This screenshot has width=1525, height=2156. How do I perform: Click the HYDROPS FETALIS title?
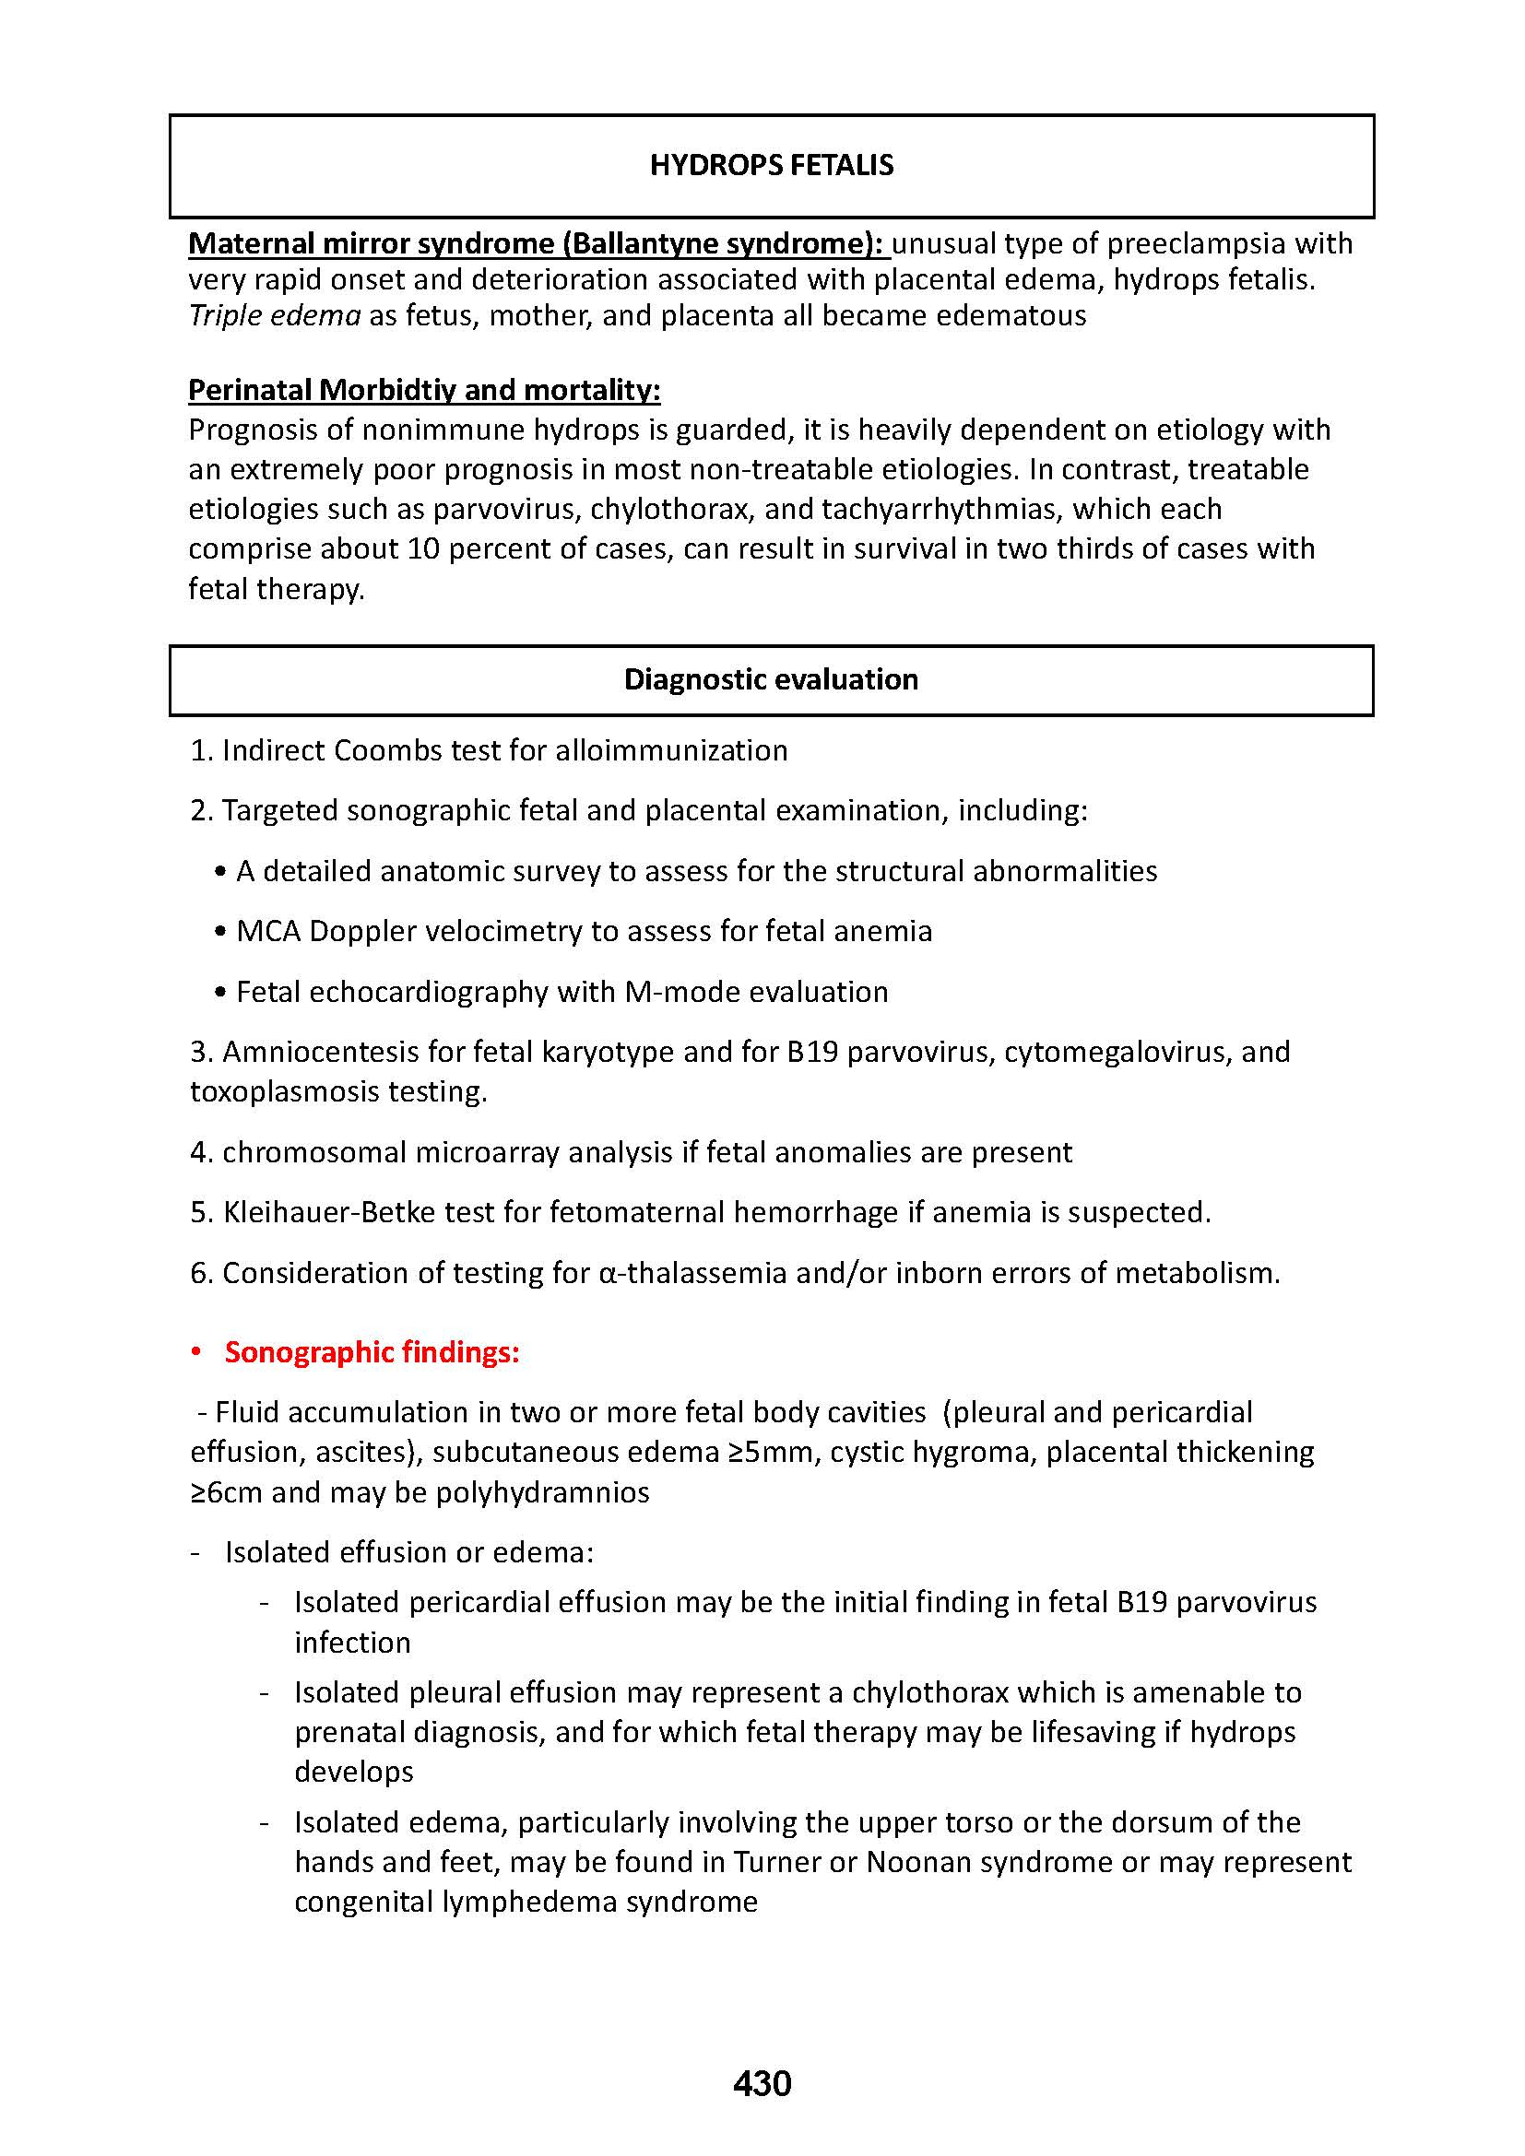click(771, 165)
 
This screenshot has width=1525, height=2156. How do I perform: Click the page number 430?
click(762, 2083)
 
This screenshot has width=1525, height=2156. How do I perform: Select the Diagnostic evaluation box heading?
click(771, 679)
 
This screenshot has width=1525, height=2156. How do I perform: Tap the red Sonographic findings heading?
click(372, 1352)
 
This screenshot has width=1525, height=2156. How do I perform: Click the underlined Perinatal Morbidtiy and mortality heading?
click(424, 390)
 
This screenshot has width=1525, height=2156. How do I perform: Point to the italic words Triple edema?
click(274, 315)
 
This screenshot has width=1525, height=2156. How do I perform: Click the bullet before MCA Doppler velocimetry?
click(220, 932)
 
